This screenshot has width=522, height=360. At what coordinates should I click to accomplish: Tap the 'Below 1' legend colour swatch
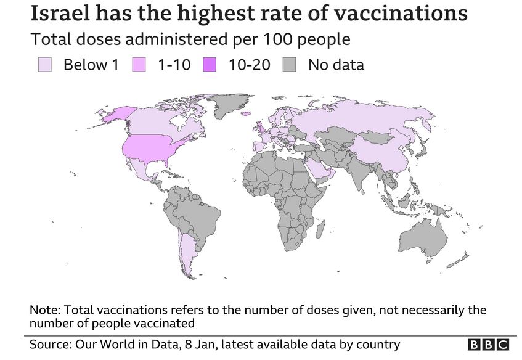[45, 65]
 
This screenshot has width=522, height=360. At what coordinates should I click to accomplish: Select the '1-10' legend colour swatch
[140, 65]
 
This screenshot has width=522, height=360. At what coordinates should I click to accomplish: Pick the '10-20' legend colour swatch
[211, 65]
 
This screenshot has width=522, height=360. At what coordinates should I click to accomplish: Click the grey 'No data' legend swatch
[291, 65]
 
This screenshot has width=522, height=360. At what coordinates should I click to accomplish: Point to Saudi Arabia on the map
[320, 170]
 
